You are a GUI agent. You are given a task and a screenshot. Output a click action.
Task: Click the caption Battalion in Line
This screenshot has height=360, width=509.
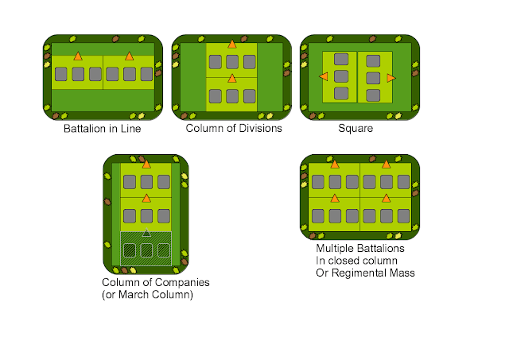[x=102, y=128]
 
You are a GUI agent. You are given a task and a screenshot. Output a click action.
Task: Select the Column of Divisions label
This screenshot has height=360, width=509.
[x=234, y=128]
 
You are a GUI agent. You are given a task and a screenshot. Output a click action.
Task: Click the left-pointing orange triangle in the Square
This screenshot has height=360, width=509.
[x=324, y=76]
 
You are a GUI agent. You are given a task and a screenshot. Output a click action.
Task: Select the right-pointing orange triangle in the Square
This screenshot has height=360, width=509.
[x=390, y=77]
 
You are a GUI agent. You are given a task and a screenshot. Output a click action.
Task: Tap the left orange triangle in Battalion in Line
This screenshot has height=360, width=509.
[x=77, y=56]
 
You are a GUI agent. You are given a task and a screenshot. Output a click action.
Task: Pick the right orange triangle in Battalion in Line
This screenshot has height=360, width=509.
[x=130, y=56]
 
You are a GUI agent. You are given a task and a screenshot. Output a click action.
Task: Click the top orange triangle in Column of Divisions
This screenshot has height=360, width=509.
[x=231, y=45]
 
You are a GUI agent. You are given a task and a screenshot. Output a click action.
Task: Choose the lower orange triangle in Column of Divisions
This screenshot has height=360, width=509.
[x=231, y=79]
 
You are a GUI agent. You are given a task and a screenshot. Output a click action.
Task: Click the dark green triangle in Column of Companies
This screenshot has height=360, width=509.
[x=146, y=234]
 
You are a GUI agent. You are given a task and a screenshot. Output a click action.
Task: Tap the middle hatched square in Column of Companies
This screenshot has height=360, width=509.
[x=146, y=250]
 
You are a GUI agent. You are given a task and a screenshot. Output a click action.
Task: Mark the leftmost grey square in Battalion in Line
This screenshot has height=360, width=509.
[x=60, y=74]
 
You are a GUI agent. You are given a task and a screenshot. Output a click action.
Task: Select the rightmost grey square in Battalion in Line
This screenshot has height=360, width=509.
[x=146, y=74]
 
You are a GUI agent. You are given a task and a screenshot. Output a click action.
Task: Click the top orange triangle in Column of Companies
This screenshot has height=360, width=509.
[x=146, y=165]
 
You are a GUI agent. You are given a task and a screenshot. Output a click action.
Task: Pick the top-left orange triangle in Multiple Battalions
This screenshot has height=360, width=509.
[x=335, y=165]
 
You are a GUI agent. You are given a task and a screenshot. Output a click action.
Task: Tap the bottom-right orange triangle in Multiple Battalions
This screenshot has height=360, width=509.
[x=387, y=197]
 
